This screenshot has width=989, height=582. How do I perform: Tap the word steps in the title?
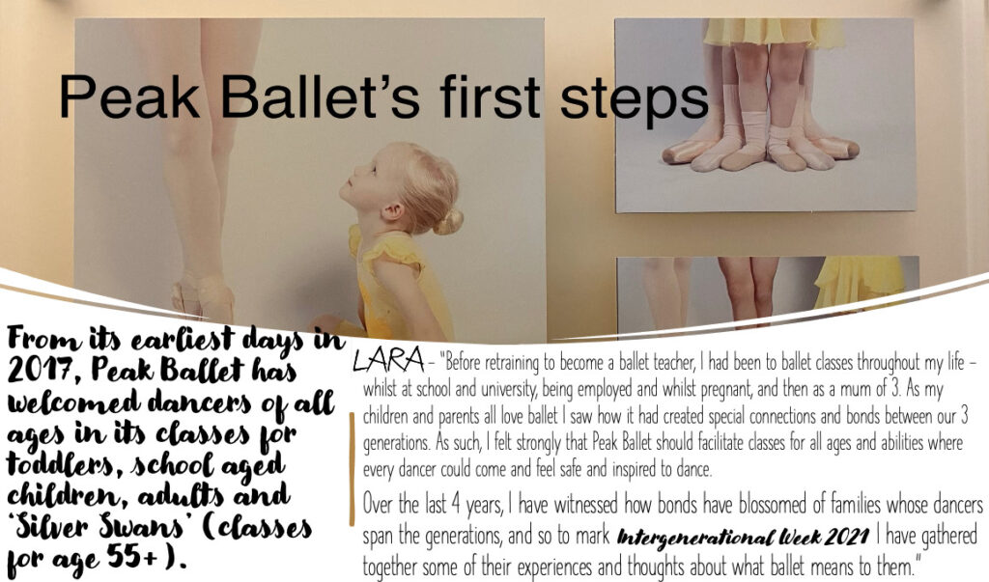(635, 99)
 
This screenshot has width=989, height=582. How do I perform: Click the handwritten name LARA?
(388, 360)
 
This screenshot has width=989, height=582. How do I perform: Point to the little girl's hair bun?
(448, 221)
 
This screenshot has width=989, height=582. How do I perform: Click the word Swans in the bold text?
(141, 527)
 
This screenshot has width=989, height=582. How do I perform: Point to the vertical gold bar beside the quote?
(352, 468)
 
